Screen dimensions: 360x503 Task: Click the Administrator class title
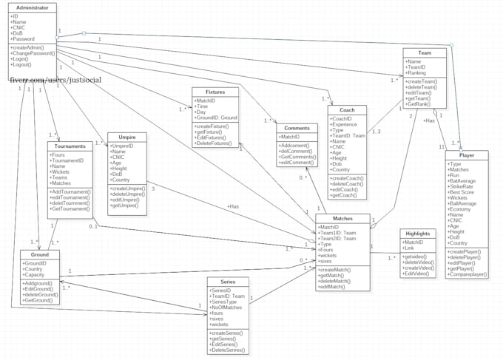pyautogui.click(x=31, y=7)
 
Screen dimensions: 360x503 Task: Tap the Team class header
pyautogui.click(x=425, y=52)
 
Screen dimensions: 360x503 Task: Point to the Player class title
pyautogui.click(x=467, y=156)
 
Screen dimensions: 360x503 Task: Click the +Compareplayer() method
pyautogui.click(x=469, y=273)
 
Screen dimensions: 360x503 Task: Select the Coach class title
pyautogui.click(x=347, y=109)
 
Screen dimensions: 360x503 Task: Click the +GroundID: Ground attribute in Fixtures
pyautogui.click(x=216, y=117)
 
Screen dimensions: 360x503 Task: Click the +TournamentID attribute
pyautogui.click(x=72, y=160)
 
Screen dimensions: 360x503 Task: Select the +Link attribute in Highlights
pyautogui.click(x=411, y=248)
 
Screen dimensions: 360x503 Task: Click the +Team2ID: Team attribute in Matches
pyautogui.click(x=339, y=237)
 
